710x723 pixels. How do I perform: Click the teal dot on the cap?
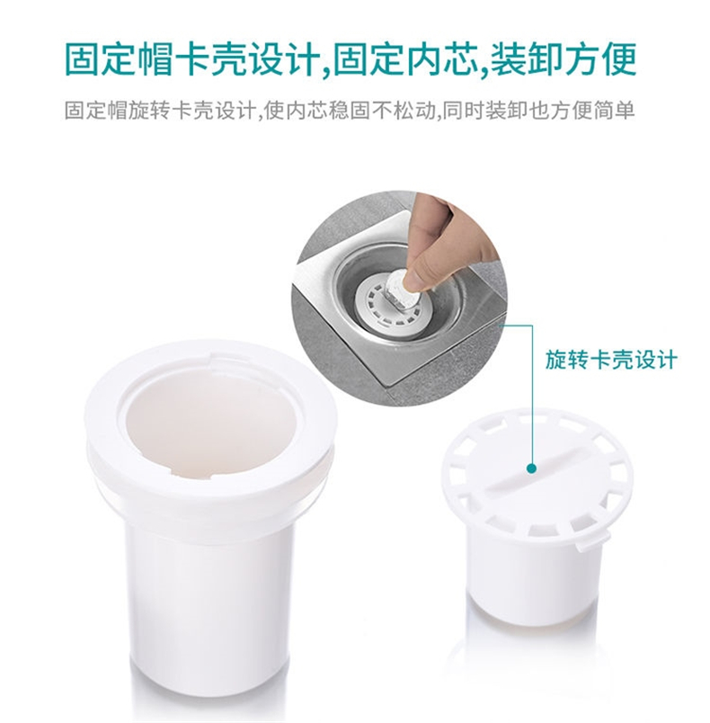click(x=532, y=469)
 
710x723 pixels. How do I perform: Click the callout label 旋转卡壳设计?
click(x=611, y=360)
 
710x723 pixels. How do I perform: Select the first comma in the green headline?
click(x=325, y=70)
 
